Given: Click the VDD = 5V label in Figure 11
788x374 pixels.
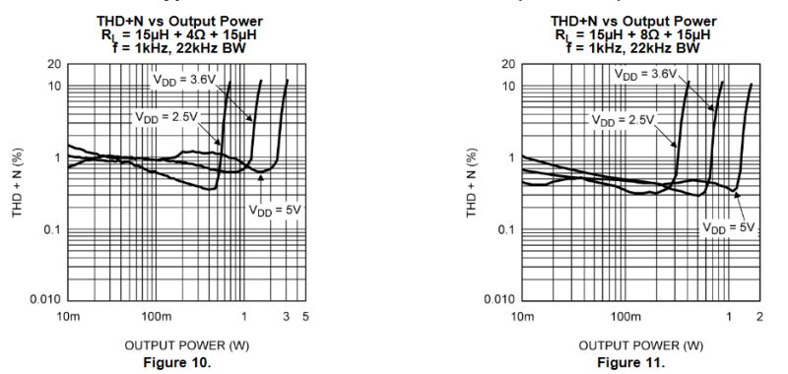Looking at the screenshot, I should pos(728,227).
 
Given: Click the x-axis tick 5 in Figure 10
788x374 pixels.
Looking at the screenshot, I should pos(305,316).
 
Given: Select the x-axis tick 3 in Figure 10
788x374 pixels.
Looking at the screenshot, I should pos(287,316).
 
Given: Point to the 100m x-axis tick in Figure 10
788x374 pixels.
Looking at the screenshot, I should pos(157,316).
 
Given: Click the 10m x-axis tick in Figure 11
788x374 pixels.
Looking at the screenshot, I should pos(522,316).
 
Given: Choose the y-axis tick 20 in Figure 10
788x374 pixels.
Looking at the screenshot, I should pos(54,64).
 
